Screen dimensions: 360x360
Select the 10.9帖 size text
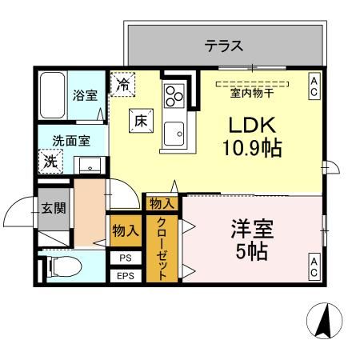(251, 148)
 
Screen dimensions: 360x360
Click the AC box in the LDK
(314, 86)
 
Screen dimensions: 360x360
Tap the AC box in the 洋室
(314, 267)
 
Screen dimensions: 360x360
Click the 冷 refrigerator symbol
(124, 83)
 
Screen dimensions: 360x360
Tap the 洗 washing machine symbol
(50, 160)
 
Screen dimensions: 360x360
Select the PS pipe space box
(125, 258)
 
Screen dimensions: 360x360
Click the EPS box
(125, 276)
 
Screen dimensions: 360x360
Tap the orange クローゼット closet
(162, 249)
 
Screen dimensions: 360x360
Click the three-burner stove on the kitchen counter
(174, 95)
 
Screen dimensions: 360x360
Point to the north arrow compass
(325, 323)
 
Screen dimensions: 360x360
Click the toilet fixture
(64, 267)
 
